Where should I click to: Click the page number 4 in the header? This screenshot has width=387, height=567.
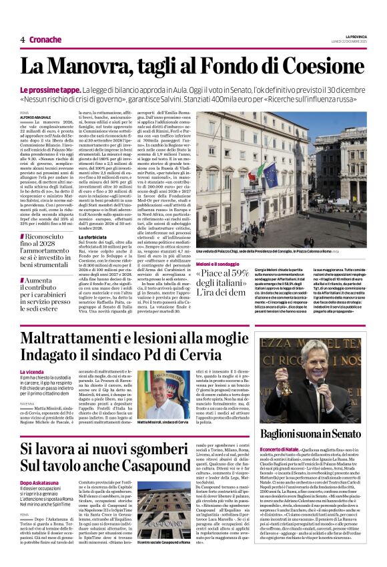point(23,39)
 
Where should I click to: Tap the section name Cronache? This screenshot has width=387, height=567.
point(45,39)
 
